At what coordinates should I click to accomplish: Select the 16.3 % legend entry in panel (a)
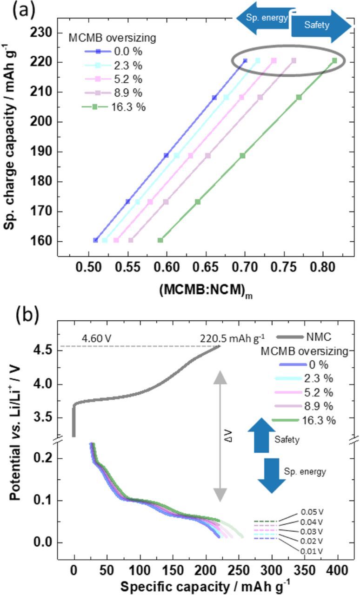click(x=114, y=107)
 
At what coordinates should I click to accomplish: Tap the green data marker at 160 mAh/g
click(x=160, y=240)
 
